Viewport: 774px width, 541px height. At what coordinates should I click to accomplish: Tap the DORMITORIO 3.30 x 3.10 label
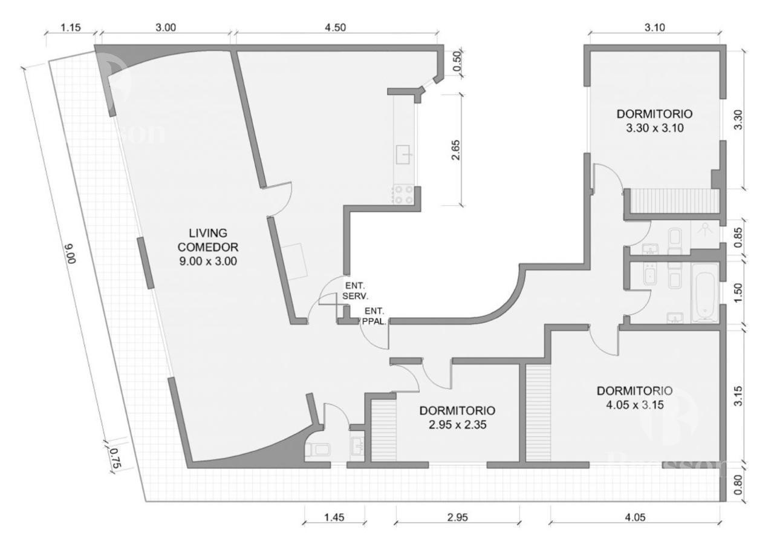654,120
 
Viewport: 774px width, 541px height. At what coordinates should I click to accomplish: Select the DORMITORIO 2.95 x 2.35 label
458,418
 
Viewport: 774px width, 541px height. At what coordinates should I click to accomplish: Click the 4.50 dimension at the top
337,27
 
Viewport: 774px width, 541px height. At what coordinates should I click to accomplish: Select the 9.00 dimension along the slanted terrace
68,254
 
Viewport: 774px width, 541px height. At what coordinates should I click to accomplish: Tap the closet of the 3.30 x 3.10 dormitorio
673,200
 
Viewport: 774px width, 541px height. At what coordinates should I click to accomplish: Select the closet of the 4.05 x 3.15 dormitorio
538,411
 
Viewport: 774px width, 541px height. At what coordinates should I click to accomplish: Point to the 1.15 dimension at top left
71,27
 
